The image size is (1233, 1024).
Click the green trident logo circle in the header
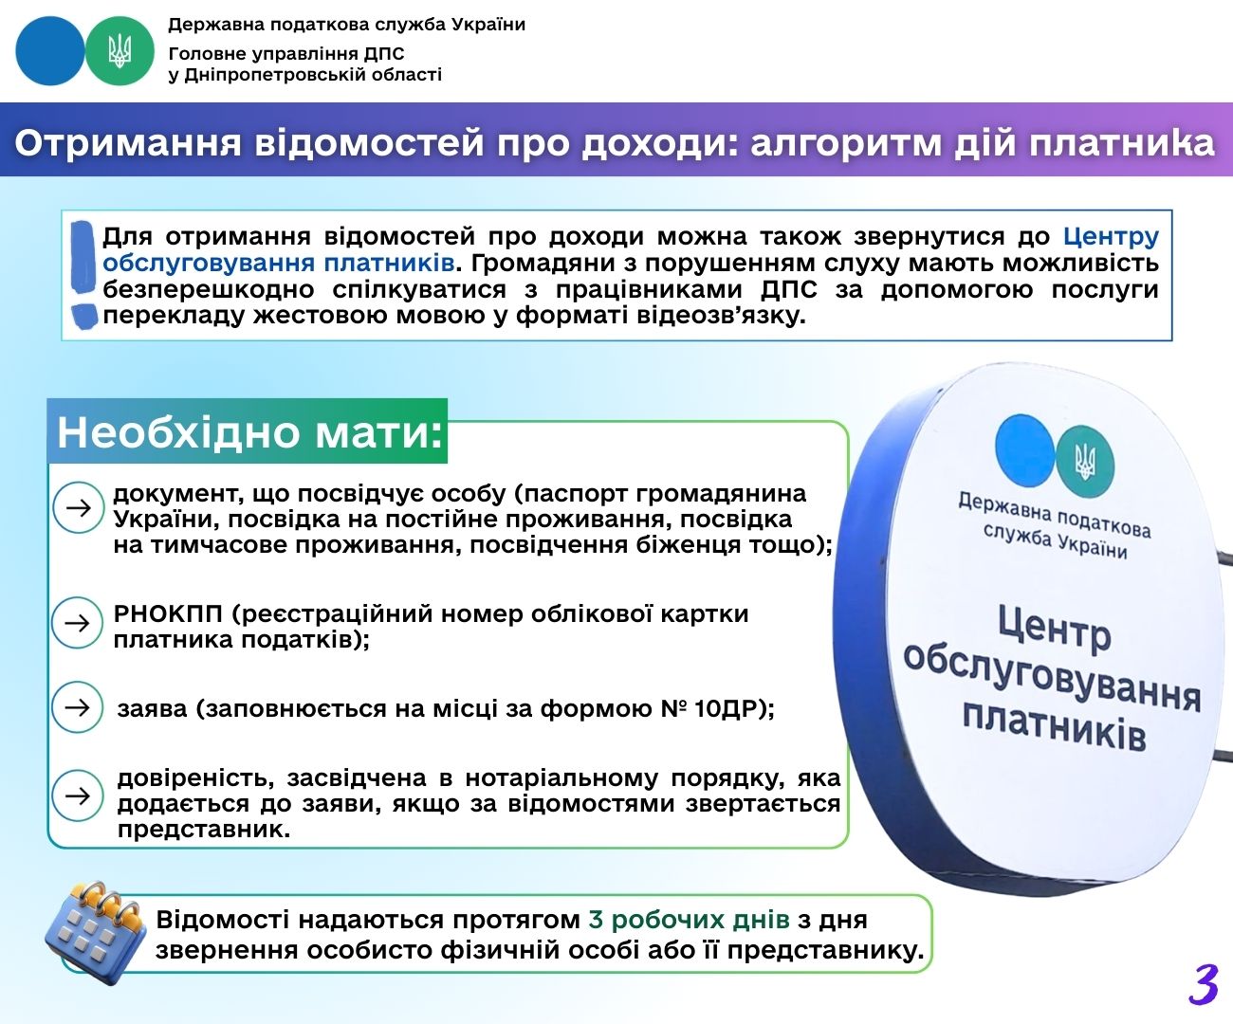tap(120, 51)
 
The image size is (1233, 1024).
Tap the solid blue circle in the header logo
tap(50, 51)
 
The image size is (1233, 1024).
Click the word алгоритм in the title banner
tap(846, 143)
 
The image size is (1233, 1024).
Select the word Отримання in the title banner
tap(128, 143)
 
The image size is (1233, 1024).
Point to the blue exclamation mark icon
tap(83, 274)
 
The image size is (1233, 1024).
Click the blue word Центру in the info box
tap(1111, 237)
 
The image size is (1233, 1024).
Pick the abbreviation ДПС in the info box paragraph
tap(789, 289)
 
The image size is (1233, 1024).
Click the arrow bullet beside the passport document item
tap(78, 507)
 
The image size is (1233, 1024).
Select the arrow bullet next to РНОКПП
tap(78, 623)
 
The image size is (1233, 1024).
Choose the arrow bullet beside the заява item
tap(78, 707)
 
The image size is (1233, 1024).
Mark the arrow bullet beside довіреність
tap(78, 796)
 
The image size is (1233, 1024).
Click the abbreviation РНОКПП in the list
tap(168, 614)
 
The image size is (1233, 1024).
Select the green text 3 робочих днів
tap(690, 920)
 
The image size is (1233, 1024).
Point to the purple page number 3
tap(1203, 984)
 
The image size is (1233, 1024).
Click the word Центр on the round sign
tap(1055, 630)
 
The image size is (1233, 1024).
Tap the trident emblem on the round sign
tap(1085, 461)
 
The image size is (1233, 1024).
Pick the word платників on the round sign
tap(1055, 728)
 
